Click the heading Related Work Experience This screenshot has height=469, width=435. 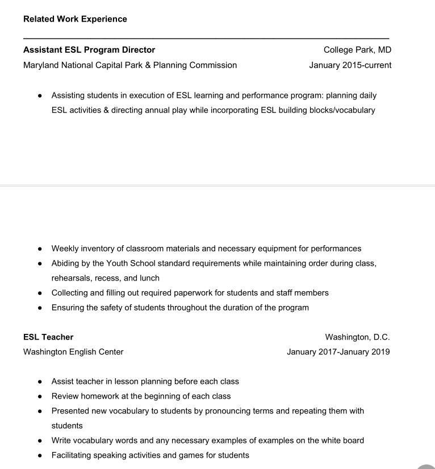[x=75, y=19]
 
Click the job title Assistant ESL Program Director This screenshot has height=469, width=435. [x=89, y=50]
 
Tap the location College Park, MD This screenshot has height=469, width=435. [x=357, y=50]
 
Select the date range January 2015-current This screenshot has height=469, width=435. [x=350, y=65]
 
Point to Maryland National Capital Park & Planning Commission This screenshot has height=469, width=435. [x=130, y=65]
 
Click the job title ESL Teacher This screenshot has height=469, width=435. [x=48, y=337]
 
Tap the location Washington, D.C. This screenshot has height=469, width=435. [x=357, y=337]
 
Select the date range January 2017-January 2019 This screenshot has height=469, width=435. [x=338, y=352]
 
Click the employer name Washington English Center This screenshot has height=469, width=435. [x=73, y=352]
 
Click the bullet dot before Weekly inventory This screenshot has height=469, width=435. [x=40, y=249]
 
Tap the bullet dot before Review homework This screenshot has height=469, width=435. [x=40, y=396]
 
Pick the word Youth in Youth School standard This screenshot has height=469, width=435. [x=117, y=263]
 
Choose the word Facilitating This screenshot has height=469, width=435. [x=71, y=455]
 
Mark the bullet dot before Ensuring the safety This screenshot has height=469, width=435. [x=40, y=308]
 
